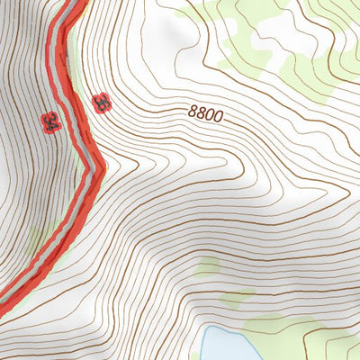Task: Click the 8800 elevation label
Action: click(x=205, y=114)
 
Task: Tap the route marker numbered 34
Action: click(x=50, y=121)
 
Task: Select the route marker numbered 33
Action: click(x=102, y=104)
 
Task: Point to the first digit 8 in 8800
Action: click(x=193, y=112)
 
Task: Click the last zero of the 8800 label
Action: click(x=217, y=118)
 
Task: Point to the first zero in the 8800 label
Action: click(x=209, y=116)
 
